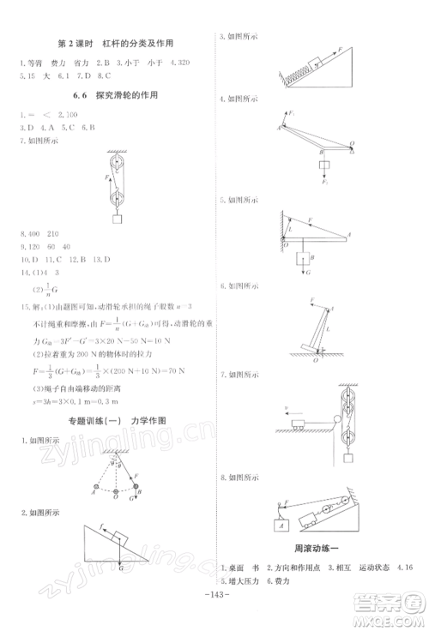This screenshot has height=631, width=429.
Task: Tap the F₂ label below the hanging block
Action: pyautogui.click(x=324, y=181)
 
